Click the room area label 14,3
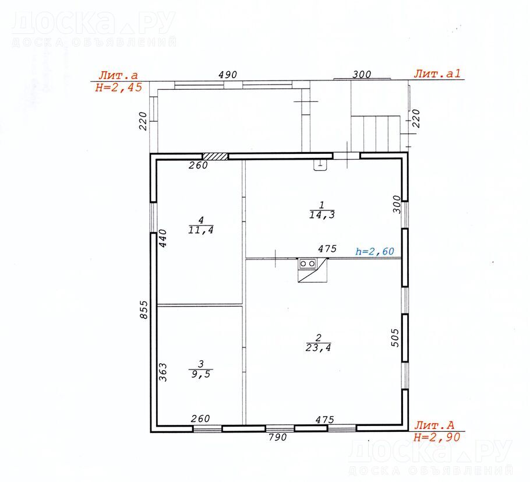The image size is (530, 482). point(321,215)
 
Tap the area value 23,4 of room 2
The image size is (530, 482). point(318,347)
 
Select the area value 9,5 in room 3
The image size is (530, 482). point(201,374)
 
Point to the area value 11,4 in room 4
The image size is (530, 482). point(201,230)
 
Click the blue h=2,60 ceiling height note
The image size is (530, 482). point(375,251)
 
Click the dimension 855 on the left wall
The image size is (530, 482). point(144,309)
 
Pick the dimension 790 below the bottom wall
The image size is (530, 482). point(277,437)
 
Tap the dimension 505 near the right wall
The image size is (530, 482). point(395,338)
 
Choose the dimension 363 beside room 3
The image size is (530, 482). point(163,372)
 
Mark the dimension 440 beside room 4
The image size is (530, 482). point(163,238)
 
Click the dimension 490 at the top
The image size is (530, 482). point(228,75)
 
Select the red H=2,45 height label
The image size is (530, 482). point(119,87)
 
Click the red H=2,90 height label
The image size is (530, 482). point(437,437)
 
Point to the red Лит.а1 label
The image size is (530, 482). point(437,74)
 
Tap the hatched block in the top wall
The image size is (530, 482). point(215,156)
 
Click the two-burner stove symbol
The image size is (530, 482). point(308,263)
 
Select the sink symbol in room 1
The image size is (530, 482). point(320,165)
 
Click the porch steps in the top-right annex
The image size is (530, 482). point(376,133)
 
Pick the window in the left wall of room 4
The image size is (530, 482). point(153,217)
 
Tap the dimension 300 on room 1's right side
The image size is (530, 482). point(397,205)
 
